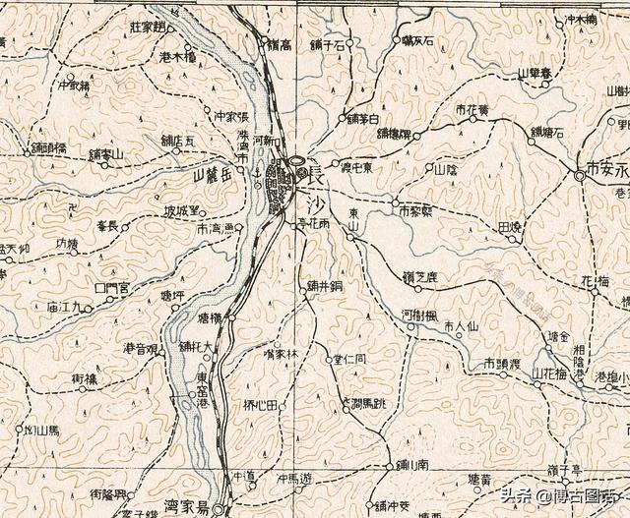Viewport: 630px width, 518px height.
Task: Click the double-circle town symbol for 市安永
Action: pos(578,176)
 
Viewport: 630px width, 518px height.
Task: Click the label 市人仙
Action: pos(460,325)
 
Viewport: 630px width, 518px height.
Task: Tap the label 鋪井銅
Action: pos(324,286)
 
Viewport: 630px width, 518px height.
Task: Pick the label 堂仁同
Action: pos(349,360)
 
